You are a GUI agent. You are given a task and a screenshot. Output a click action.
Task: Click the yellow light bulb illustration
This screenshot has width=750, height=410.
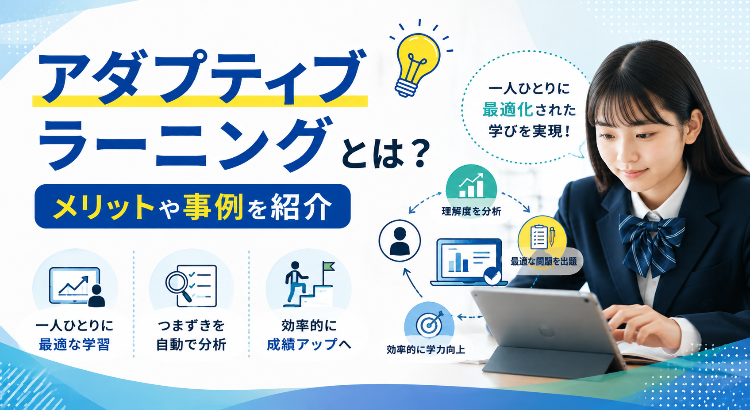tap(417, 64)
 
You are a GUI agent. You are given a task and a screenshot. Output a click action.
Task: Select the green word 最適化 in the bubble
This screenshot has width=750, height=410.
tap(508, 110)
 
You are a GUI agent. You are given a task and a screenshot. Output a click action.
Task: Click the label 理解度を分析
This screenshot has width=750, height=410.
tap(471, 211)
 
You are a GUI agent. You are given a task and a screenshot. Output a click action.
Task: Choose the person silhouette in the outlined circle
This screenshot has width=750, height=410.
tap(400, 241)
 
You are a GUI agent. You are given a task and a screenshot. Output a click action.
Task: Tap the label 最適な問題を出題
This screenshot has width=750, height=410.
tap(543, 261)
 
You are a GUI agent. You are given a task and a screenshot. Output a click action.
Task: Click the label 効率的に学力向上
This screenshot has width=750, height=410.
tap(426, 350)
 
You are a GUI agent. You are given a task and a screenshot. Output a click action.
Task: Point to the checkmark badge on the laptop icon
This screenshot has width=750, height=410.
tap(492, 277)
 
